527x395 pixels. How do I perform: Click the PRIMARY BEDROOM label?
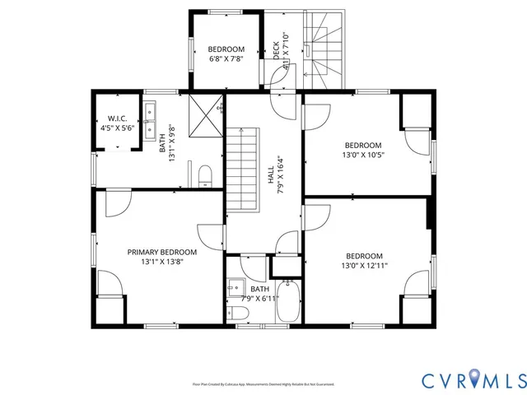click(161, 252)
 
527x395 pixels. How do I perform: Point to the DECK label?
click(277, 50)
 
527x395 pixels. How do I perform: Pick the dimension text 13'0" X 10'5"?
click(363, 154)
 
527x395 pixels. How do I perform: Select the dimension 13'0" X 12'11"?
click(364, 266)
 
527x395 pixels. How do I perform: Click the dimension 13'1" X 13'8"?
click(161, 263)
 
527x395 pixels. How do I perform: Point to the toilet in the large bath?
click(206, 174)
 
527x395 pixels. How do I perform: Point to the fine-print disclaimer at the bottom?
click(263, 383)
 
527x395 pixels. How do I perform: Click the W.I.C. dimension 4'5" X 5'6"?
click(116, 128)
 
